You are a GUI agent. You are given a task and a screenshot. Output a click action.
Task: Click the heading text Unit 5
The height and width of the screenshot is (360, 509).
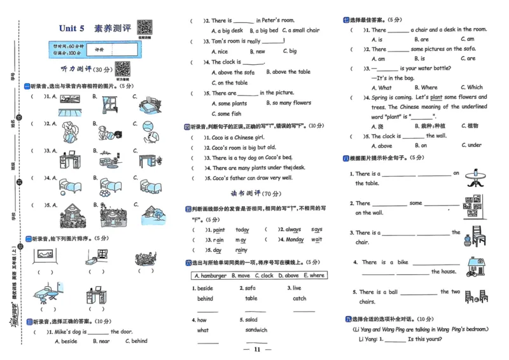point(72,29)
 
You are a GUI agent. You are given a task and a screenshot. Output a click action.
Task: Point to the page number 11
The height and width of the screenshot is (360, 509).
point(257,349)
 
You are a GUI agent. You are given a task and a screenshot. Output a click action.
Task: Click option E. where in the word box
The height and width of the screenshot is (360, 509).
point(314,275)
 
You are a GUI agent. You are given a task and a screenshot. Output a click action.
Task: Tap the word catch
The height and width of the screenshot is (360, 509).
point(300,298)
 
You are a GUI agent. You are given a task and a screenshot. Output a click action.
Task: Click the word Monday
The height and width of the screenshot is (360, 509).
point(295,240)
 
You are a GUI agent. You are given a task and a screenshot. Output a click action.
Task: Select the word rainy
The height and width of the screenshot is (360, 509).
point(241,251)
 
